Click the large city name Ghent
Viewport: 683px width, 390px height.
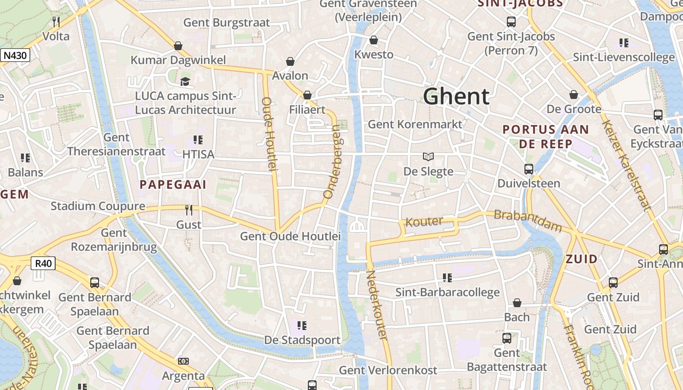456,97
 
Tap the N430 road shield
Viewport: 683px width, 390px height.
15,56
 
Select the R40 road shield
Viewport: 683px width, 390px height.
43,264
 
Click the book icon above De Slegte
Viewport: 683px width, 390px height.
428,156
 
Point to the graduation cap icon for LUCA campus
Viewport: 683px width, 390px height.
185,81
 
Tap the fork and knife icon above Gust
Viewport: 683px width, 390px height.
189,210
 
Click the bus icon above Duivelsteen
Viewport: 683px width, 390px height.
529,169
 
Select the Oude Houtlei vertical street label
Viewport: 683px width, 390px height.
270,134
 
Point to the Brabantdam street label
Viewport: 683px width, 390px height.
527,221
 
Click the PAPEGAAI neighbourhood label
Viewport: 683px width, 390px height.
173,185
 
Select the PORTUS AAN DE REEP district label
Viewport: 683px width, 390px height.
545,137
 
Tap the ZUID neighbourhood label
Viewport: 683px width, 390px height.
582,259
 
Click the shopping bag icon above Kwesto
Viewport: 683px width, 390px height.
374,40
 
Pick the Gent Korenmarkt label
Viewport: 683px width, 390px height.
415,124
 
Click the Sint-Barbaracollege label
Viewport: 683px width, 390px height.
447,292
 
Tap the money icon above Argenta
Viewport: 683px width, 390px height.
183,361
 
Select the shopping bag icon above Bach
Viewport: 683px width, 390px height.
517,303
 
